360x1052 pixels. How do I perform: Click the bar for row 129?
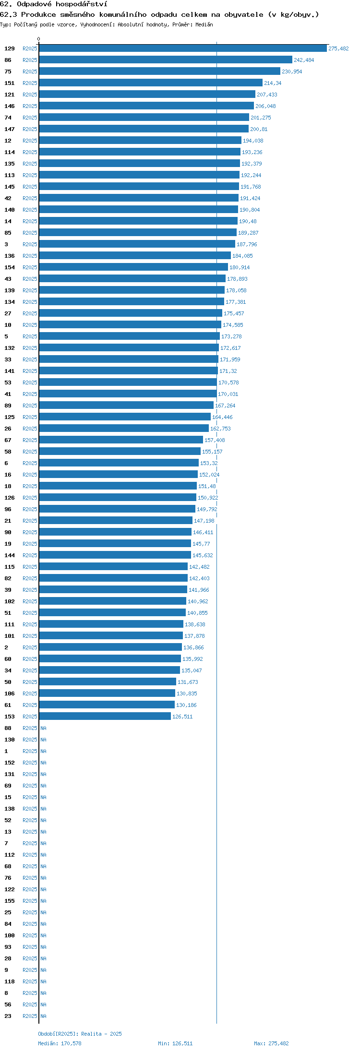(x=183, y=48)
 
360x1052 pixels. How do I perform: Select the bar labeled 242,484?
(x=166, y=60)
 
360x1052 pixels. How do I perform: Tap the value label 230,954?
(x=292, y=72)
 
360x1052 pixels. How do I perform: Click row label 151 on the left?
(x=10, y=83)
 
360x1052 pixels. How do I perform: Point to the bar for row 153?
(x=105, y=716)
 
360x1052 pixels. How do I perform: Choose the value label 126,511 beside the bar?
(x=182, y=717)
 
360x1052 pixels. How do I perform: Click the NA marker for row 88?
(x=43, y=728)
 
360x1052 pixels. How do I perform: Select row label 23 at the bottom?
(x=8, y=1016)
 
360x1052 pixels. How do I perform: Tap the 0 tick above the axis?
(x=39, y=39)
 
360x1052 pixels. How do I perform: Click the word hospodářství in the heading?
(x=81, y=4)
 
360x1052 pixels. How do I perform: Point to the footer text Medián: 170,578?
(x=60, y=1043)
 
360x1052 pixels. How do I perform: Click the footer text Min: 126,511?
(x=175, y=1043)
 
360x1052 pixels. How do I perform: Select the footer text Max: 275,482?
(x=271, y=1043)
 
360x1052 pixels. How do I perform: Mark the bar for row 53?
(x=128, y=382)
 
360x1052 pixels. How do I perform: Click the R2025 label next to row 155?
(x=30, y=901)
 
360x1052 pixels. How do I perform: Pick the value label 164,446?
(x=222, y=417)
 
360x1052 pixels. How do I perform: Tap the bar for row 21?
(x=116, y=520)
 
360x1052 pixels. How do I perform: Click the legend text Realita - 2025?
(x=101, y=1034)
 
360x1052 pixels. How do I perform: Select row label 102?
(x=10, y=601)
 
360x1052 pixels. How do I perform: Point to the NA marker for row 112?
(x=43, y=855)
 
